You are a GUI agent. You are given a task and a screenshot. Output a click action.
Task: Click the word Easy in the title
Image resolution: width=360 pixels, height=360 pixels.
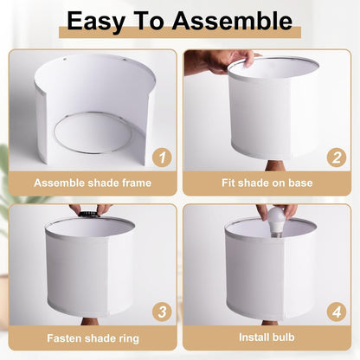point(96,22)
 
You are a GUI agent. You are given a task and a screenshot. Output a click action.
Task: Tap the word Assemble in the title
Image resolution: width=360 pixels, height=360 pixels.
point(232,21)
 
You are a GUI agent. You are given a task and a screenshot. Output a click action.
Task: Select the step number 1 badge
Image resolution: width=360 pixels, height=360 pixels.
point(162,157)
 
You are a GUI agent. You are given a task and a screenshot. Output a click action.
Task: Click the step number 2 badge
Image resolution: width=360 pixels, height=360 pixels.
point(337,157)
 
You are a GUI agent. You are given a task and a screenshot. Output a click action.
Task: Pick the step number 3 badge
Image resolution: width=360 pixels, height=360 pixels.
point(162,312)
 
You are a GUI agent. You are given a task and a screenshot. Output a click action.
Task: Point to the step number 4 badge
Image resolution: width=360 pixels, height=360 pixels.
point(337,312)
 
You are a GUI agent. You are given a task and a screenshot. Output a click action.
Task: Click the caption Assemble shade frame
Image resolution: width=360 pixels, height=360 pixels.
point(93,183)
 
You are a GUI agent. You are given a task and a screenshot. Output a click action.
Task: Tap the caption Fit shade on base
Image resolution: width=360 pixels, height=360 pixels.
point(267,183)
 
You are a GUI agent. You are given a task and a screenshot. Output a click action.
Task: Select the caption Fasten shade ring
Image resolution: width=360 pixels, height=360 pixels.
point(93,338)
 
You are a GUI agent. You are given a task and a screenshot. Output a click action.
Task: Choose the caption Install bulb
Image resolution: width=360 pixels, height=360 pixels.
point(267,337)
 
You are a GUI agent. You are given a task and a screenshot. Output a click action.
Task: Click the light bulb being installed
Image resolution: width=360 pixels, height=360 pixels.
point(276,222)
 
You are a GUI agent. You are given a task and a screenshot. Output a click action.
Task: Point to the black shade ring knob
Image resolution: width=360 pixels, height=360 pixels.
point(89,214)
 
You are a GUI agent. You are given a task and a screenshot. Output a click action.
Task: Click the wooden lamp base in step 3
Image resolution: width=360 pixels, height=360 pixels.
point(90,321)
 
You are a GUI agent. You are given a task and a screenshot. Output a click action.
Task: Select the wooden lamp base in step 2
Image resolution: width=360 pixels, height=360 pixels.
point(275,165)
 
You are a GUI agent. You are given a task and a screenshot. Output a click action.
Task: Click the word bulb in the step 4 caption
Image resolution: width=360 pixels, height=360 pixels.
point(282,337)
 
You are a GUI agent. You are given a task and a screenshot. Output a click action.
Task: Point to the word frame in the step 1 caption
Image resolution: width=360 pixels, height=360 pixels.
point(137,183)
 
